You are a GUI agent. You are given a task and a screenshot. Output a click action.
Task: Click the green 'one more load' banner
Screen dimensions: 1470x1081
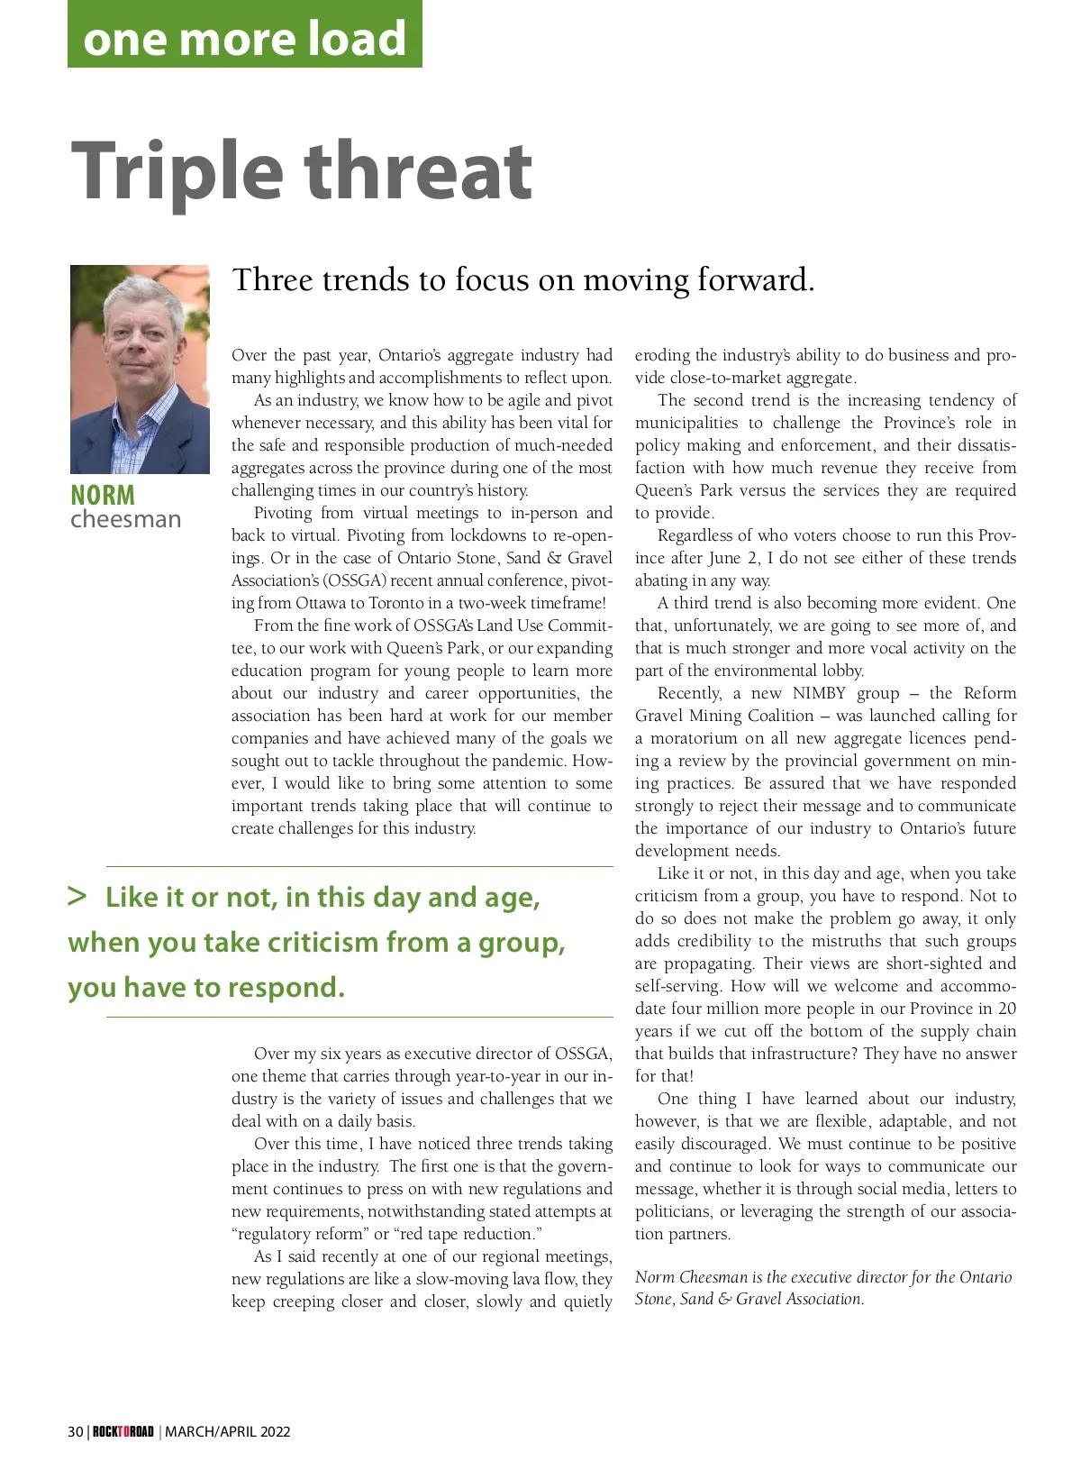point(244,36)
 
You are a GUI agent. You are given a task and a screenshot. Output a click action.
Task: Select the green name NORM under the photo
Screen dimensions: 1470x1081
point(103,495)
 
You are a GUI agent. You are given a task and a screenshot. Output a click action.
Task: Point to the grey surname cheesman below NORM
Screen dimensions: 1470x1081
point(125,520)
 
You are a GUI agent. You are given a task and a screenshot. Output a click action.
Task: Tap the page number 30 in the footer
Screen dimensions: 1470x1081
point(76,1431)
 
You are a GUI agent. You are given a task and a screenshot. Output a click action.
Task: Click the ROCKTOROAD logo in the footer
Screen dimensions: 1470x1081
point(123,1431)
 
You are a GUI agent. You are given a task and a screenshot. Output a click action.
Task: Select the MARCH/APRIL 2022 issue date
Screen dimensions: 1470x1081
point(228,1431)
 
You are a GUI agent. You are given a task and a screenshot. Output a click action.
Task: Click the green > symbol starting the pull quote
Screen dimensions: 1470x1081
point(77,896)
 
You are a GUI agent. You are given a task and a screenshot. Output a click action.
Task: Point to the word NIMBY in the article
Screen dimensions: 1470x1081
point(819,693)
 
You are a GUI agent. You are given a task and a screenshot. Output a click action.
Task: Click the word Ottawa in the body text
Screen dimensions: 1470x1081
point(320,603)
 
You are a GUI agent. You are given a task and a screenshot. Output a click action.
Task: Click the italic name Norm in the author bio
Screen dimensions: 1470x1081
point(655,1277)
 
